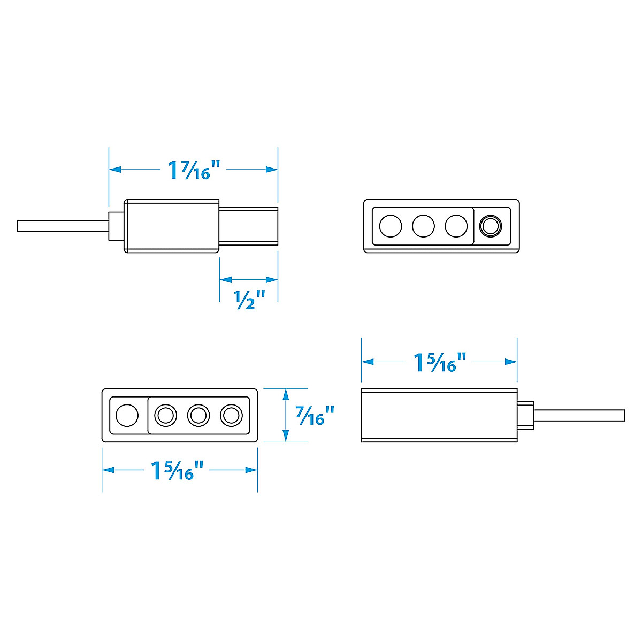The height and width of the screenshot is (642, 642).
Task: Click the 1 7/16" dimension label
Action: (194, 170)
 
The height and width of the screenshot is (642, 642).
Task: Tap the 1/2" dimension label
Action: (250, 300)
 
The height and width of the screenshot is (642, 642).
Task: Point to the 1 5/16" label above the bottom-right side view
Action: (441, 362)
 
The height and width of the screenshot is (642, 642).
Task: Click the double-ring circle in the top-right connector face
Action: (490, 226)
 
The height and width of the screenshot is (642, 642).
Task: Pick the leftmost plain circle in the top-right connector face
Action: (391, 226)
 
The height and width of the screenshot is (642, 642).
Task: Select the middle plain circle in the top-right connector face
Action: (423, 226)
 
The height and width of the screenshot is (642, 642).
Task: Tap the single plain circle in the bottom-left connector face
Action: (127, 415)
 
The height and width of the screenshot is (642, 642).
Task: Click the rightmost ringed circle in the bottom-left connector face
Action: (231, 415)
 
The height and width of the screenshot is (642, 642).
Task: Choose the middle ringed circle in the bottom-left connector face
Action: (198, 415)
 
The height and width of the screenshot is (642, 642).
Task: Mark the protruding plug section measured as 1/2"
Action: (249, 226)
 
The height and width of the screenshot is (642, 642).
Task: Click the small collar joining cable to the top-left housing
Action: (116, 226)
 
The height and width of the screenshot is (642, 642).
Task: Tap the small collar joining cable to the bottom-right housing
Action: (525, 415)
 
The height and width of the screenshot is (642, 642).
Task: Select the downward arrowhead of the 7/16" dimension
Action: (286, 437)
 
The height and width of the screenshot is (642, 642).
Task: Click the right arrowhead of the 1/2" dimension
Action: (272, 279)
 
